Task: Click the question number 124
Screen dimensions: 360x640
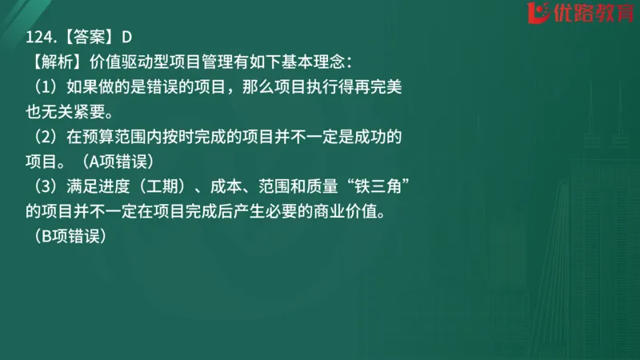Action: click(x=42, y=36)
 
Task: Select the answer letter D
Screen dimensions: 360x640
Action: click(x=126, y=36)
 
